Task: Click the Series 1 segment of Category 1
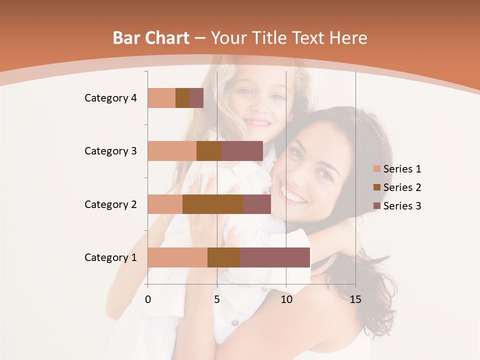tap(177, 257)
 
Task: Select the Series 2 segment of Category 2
tap(213, 204)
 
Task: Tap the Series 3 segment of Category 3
tap(242, 151)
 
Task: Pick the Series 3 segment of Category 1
tap(275, 257)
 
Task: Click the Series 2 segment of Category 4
tap(182, 98)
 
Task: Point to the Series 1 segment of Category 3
tap(172, 151)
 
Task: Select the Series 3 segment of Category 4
tap(196, 98)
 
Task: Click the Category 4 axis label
tap(110, 98)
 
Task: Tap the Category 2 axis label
tap(110, 204)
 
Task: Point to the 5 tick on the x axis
tap(217, 300)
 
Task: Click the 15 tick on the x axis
tap(355, 300)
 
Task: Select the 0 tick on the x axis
tap(148, 300)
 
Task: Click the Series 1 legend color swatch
tap(377, 169)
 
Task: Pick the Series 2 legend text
tap(402, 187)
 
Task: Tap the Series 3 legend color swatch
tap(377, 206)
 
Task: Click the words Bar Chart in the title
tap(151, 38)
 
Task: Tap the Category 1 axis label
tap(110, 257)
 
